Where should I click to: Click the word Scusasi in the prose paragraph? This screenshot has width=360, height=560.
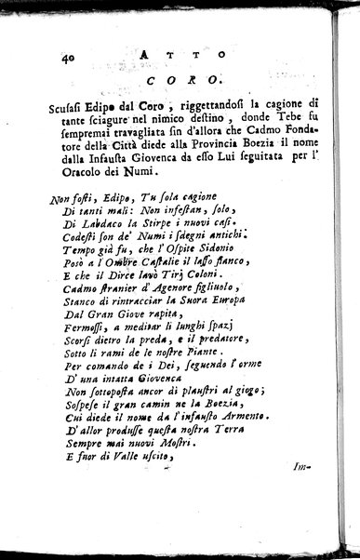click(78, 103)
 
